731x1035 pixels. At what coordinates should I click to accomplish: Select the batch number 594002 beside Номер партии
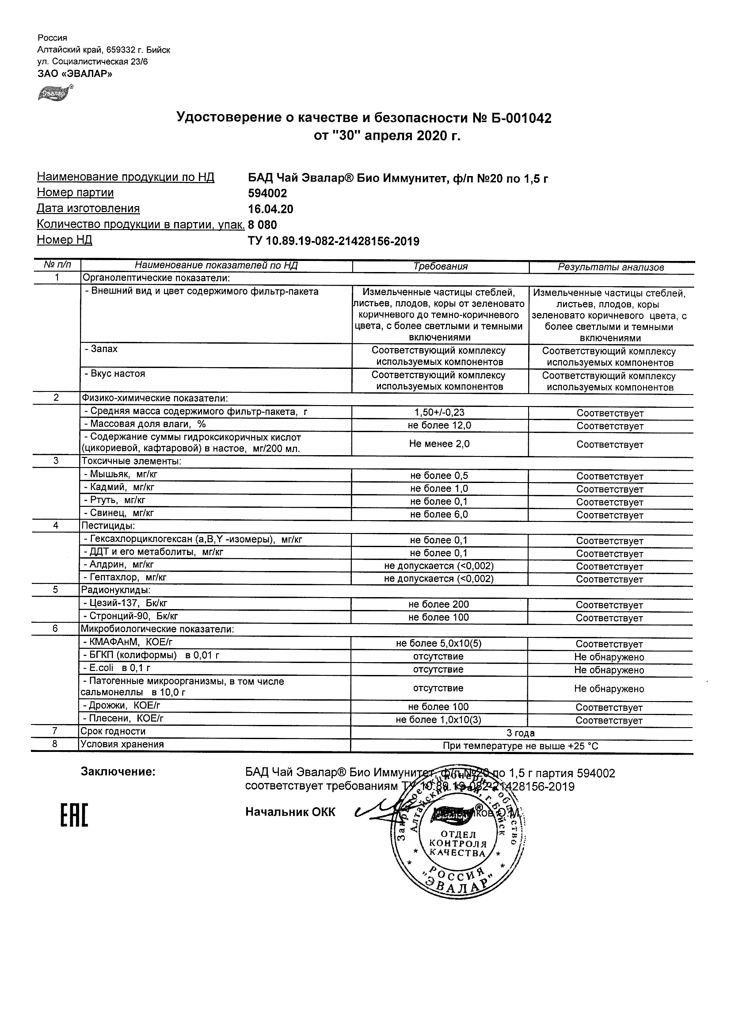pyautogui.click(x=267, y=193)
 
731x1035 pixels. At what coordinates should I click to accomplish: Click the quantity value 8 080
pyautogui.click(x=263, y=225)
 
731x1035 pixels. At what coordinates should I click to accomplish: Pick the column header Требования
pyautogui.click(x=441, y=266)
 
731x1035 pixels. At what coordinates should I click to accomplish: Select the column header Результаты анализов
pyautogui.click(x=611, y=267)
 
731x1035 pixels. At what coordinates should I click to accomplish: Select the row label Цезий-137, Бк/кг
pyautogui.click(x=128, y=603)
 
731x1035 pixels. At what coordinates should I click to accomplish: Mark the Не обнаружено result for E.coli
pyautogui.click(x=609, y=670)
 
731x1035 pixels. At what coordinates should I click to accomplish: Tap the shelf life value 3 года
pyautogui.click(x=521, y=733)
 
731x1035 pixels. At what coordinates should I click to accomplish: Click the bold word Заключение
pyautogui.click(x=118, y=772)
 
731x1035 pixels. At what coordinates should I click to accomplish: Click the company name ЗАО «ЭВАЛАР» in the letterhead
pyautogui.click(x=75, y=74)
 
